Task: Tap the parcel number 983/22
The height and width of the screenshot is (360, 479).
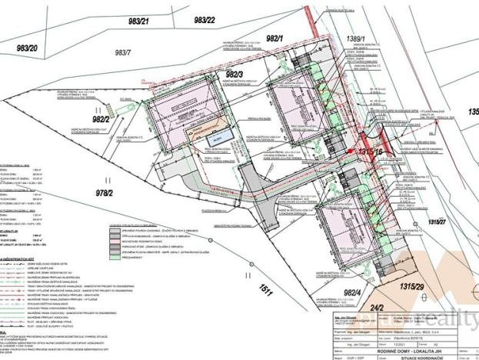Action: (205, 18)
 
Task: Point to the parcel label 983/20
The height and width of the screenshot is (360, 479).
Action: (27, 48)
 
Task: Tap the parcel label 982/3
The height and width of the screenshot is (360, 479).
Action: (235, 73)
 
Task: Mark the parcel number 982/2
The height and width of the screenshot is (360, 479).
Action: (102, 119)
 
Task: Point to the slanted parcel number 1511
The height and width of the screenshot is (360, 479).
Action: (266, 292)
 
